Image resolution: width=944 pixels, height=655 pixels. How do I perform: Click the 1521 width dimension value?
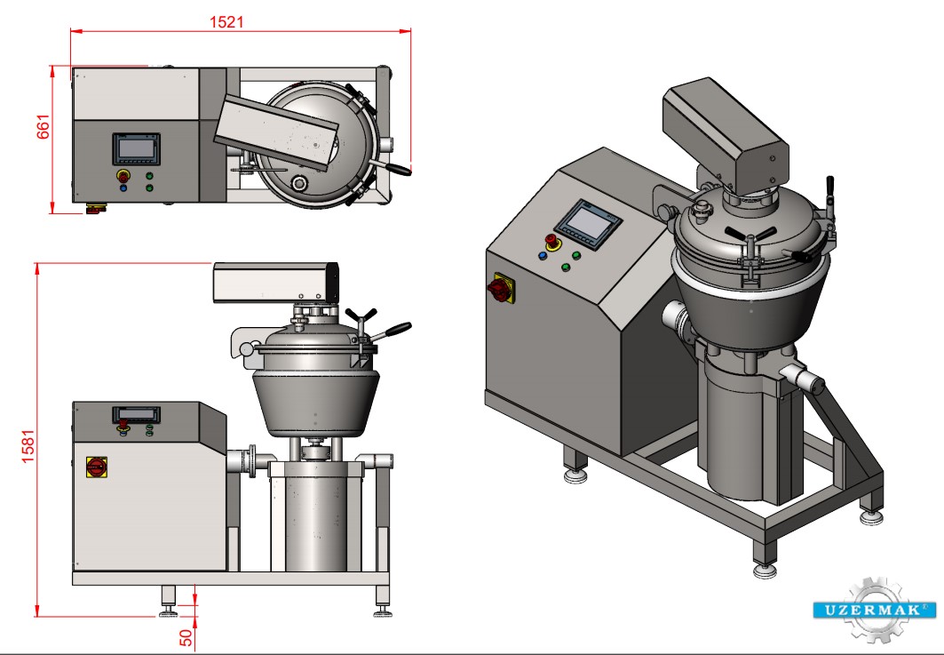click(x=226, y=22)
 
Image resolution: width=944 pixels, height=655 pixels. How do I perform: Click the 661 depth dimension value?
click(x=44, y=126)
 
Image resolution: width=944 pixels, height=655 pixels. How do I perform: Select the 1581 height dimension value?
click(x=28, y=446)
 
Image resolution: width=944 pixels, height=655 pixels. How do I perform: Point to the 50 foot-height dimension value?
click(x=186, y=637)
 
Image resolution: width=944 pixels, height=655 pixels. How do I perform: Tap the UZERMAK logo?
click(x=874, y=610)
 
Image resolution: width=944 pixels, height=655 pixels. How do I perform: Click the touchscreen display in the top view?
click(x=136, y=148)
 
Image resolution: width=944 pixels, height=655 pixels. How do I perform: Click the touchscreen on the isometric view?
click(x=587, y=224)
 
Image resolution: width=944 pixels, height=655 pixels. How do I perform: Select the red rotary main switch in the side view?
click(x=96, y=467)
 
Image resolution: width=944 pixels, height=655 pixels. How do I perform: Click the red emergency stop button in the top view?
click(x=123, y=176)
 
